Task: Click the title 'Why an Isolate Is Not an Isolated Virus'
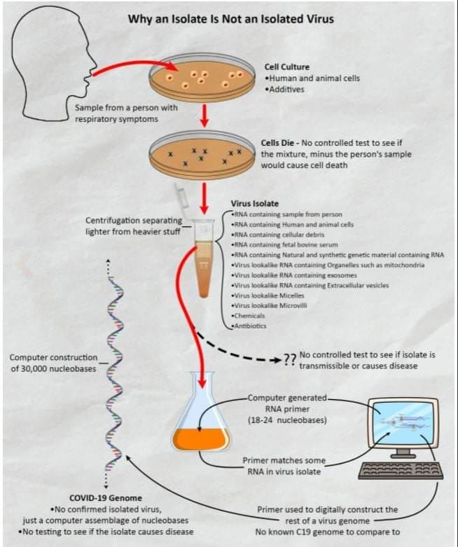coord(230,19)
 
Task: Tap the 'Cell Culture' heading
coord(287,67)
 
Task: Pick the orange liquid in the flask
coord(201,438)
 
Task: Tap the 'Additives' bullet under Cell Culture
coord(291,90)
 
